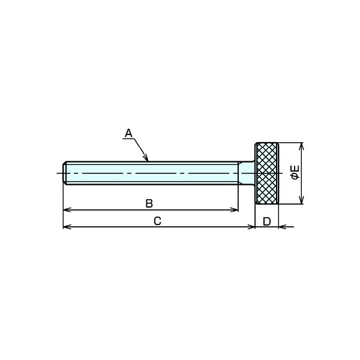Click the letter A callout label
(x=128, y=133)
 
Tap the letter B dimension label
(x=149, y=203)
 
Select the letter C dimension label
(x=157, y=221)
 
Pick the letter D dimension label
(x=267, y=221)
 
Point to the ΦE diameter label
(x=295, y=172)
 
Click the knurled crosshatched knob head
(x=266, y=173)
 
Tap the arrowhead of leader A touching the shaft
(x=146, y=158)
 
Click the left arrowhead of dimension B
(x=67, y=209)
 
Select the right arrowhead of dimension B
(x=235, y=209)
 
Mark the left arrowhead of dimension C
(x=67, y=227)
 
